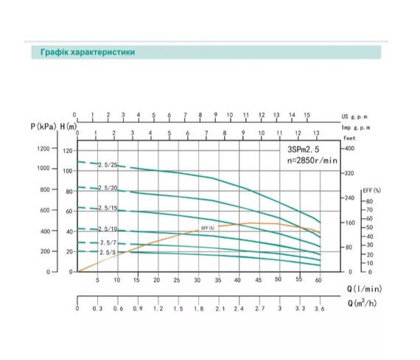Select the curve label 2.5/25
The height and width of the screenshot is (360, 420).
(x=107, y=166)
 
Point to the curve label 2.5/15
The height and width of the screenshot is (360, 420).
(x=107, y=208)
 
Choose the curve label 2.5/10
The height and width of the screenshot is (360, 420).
(x=107, y=229)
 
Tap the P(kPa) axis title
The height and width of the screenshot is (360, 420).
(x=43, y=127)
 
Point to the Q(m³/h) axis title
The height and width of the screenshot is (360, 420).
(x=365, y=303)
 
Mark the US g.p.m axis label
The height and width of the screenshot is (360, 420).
(x=354, y=116)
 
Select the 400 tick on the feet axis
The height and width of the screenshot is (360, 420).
(x=349, y=149)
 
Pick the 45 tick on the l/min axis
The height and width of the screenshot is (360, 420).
(x=259, y=280)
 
